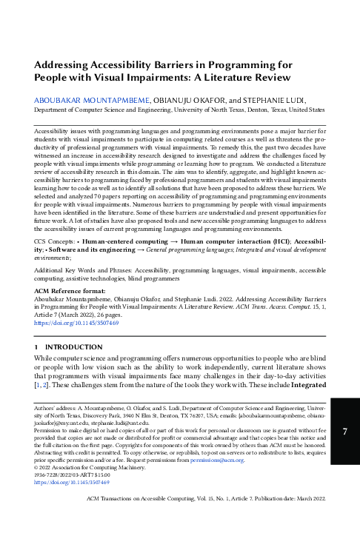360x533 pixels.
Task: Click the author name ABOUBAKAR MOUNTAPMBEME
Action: (x=93, y=98)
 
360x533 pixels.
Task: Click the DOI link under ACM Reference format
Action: (x=76, y=324)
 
